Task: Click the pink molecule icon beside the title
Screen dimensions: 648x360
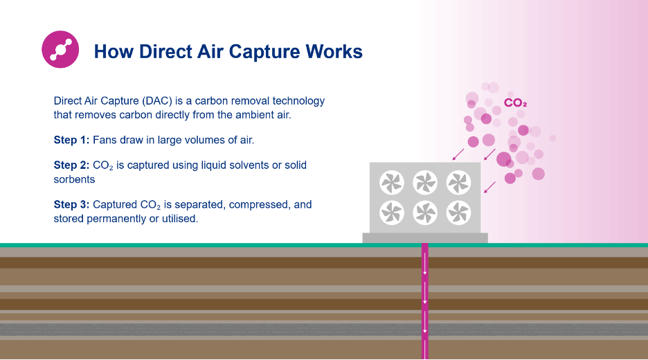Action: pos(60,49)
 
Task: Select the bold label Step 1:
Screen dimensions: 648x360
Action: pos(71,140)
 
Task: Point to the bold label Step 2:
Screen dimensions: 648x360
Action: pos(71,165)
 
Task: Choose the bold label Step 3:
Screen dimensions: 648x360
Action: pos(71,205)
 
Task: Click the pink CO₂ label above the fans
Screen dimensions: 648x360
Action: pos(515,103)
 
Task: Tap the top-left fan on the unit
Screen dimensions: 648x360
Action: pos(392,182)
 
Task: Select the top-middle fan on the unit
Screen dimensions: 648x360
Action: pos(425,182)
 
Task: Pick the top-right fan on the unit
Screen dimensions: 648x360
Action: pos(459,182)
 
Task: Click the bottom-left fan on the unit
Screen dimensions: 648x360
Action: pos(392,213)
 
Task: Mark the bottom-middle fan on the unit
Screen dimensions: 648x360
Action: pos(425,213)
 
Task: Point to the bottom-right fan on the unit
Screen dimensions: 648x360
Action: pos(459,213)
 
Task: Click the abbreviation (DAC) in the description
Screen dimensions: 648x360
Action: pos(156,101)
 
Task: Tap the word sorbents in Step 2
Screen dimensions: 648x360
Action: pos(74,179)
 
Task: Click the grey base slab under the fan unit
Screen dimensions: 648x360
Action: pos(425,237)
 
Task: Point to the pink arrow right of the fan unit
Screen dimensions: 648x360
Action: pos(489,187)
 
